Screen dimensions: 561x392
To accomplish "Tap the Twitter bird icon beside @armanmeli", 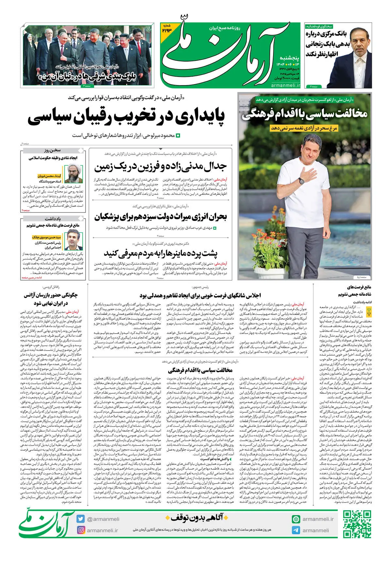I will (x=81, y=519).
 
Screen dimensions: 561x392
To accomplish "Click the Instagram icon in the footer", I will (x=81, y=530).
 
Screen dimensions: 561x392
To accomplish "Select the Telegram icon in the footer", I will (x=296, y=530).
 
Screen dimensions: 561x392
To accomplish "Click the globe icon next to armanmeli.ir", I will (x=296, y=519).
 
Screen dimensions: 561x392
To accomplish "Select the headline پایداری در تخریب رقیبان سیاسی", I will (x=126, y=118).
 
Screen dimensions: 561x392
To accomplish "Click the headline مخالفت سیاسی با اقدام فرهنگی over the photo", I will (x=304, y=114).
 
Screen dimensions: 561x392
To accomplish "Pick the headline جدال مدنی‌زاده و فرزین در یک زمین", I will (x=160, y=167).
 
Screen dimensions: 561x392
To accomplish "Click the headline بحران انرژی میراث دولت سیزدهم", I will (x=160, y=217).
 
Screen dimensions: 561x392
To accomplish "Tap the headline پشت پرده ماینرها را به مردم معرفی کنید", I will (x=160, y=253).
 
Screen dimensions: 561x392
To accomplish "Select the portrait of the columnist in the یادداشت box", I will (x=73, y=240).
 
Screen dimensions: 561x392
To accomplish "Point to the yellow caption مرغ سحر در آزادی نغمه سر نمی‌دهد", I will (x=304, y=128).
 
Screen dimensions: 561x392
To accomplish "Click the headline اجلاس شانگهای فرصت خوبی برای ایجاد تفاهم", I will (x=200, y=295).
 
